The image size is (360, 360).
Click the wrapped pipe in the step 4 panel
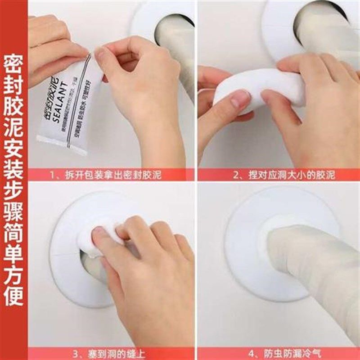pos(310,270)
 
